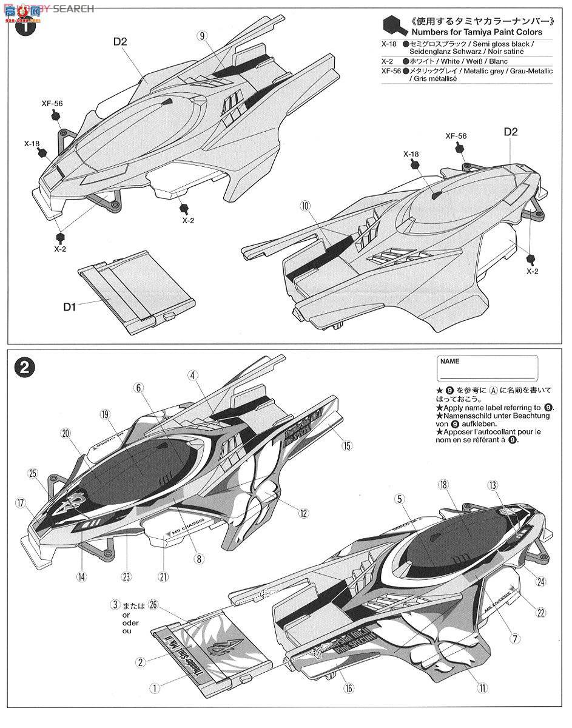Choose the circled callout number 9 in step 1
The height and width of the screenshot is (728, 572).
coord(201,36)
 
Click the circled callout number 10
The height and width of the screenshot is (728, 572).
coord(305,206)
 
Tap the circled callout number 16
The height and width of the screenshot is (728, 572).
coord(350,688)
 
